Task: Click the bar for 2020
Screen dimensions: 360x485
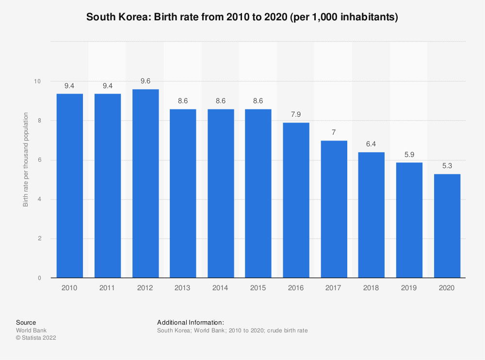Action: (x=447, y=226)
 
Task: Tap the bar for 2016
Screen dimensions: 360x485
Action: (x=296, y=200)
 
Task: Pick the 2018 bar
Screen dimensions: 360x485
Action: (x=372, y=215)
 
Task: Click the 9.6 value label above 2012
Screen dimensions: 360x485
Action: (x=145, y=81)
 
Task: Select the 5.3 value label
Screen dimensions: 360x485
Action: (x=447, y=166)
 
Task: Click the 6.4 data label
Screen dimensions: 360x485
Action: (x=372, y=144)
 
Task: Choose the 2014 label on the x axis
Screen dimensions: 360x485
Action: (x=221, y=288)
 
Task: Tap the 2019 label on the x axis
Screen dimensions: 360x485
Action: (x=409, y=288)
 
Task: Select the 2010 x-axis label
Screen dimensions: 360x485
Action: (x=70, y=288)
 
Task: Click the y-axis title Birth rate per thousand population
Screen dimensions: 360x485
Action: (x=26, y=160)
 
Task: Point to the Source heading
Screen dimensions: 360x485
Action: (x=26, y=322)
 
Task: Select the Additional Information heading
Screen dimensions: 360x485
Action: (x=191, y=322)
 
